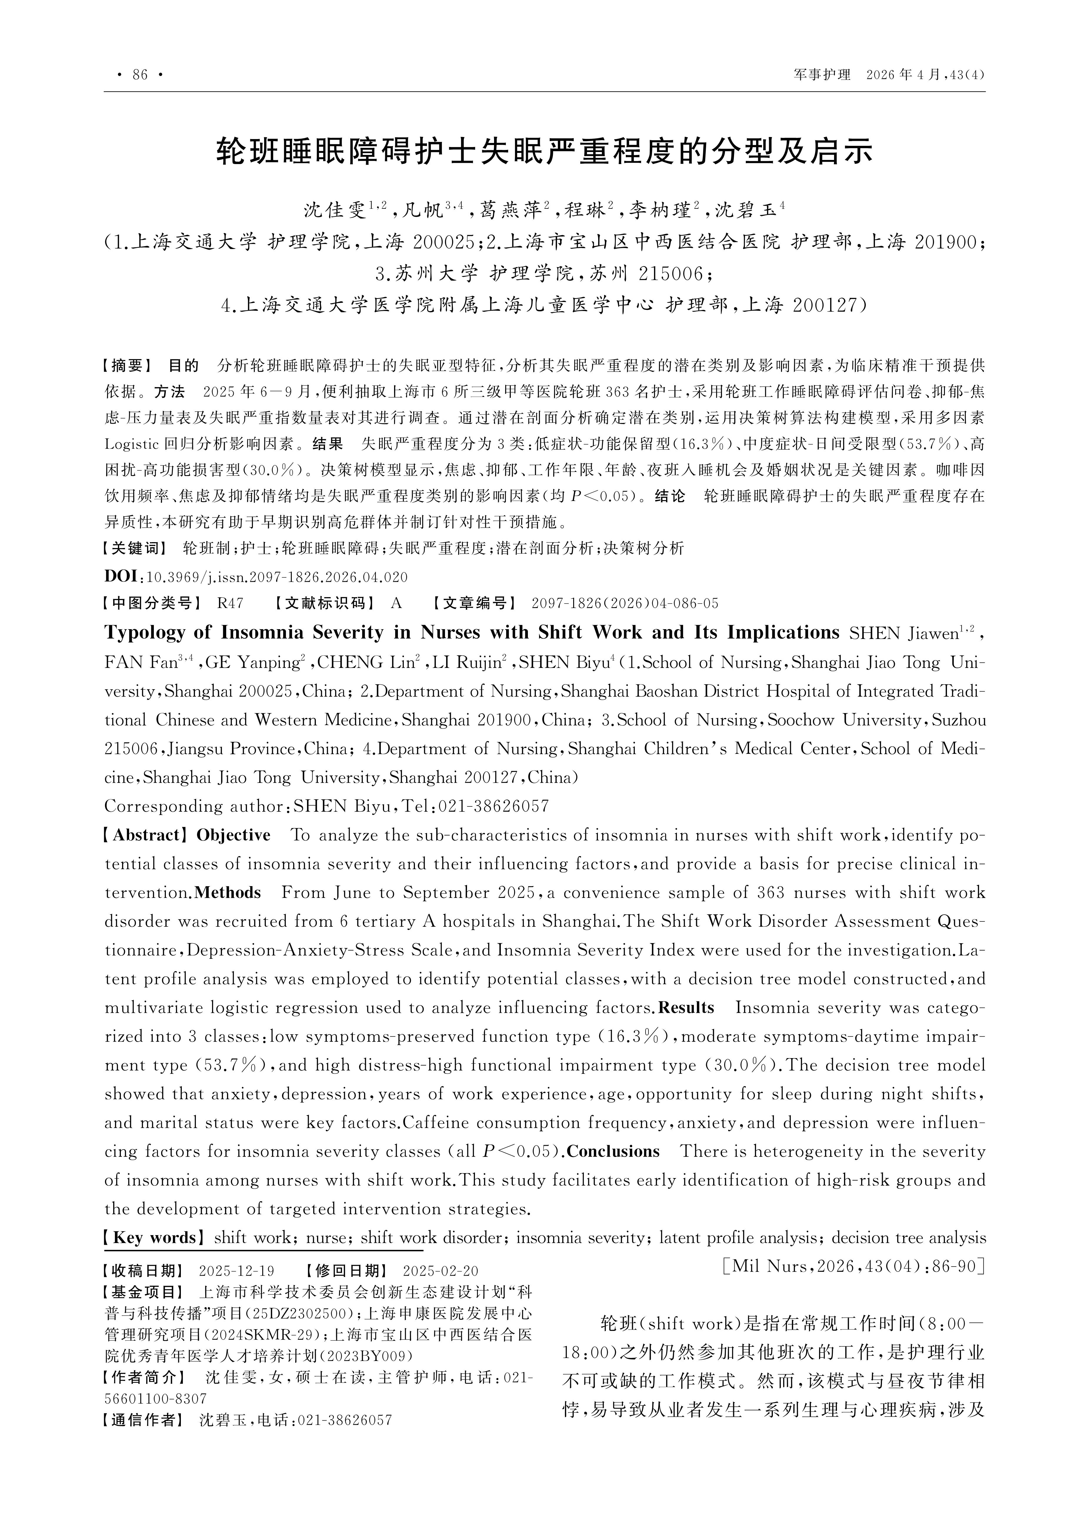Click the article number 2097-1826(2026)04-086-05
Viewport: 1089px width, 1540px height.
[625, 603]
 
